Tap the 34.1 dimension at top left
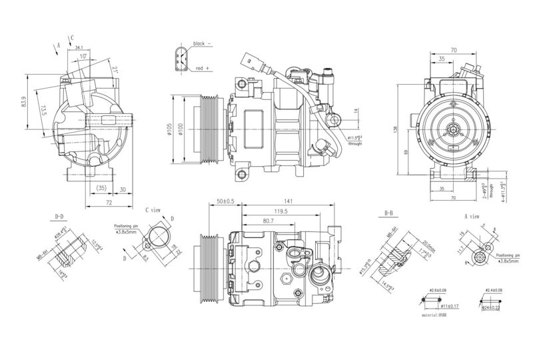tap(79, 48)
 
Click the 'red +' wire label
tap(203, 68)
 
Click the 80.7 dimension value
tap(268, 221)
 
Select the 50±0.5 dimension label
tap(226, 201)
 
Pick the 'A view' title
tap(471, 217)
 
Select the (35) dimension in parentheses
tap(101, 189)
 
